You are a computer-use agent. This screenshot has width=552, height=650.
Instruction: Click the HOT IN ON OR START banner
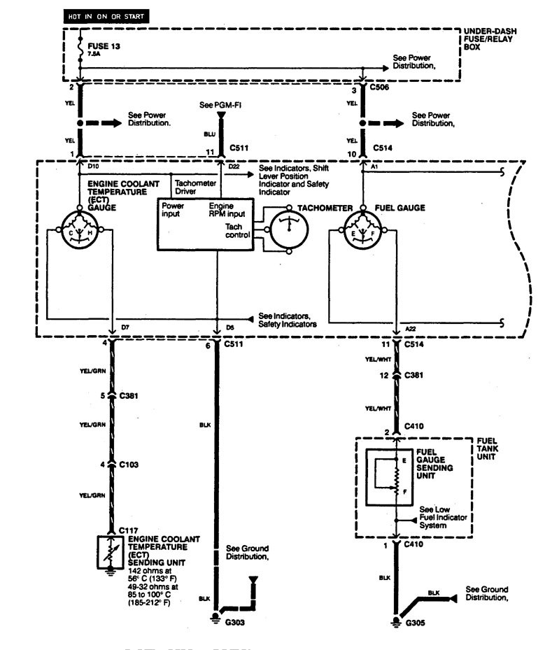coord(105,15)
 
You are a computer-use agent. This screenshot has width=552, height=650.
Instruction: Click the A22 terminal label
coord(412,328)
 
